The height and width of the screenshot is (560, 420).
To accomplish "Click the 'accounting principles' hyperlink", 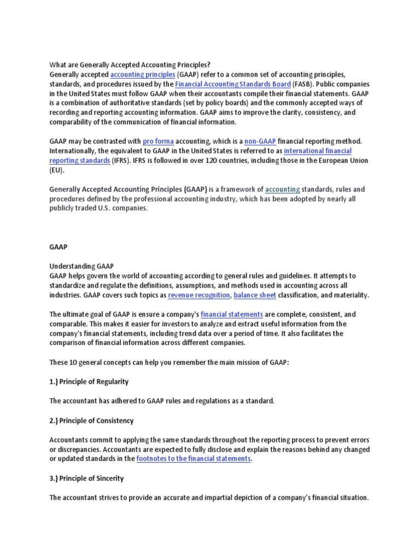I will pos(143,74).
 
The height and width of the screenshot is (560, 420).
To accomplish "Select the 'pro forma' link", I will pos(158,141).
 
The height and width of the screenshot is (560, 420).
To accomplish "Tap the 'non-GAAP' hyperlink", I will pos(260,141).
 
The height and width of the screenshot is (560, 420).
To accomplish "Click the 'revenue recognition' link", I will pos(199,295).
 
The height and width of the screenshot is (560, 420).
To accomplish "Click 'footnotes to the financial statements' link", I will pos(193,458).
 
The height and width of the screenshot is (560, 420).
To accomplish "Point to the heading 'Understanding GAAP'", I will pos(81,266).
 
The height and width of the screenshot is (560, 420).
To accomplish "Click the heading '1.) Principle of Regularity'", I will pos(89,381).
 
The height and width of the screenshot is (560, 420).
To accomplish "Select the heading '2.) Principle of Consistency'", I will pos(91,421).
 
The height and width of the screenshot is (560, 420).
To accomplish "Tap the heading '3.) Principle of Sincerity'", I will pos(86,478).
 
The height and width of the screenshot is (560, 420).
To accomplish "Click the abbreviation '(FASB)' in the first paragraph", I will pos(300,84).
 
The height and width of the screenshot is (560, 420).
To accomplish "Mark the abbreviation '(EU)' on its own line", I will pos(56,170).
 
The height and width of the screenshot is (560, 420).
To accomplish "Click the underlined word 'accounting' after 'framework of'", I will pos(282,189).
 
